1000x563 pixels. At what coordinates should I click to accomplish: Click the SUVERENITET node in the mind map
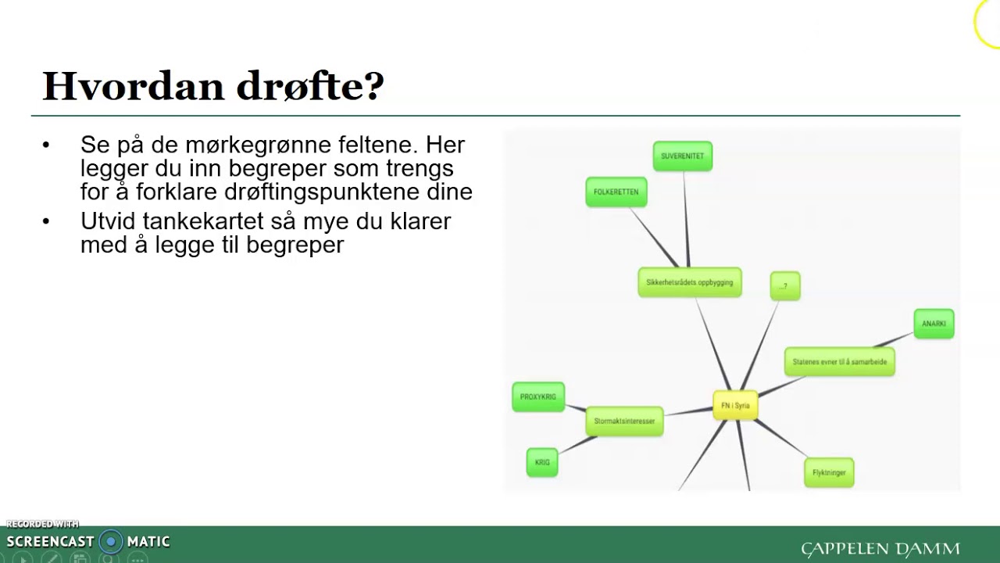click(682, 156)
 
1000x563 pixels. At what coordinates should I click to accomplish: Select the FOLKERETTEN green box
click(616, 192)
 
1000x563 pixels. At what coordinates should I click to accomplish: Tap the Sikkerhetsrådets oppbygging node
click(689, 282)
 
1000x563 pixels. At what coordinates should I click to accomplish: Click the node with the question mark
click(784, 286)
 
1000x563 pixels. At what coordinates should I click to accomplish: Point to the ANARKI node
click(934, 324)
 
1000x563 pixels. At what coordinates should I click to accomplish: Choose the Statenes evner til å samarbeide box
click(839, 362)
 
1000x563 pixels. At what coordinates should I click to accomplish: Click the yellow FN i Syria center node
click(735, 406)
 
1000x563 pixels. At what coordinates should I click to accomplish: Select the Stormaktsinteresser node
click(624, 421)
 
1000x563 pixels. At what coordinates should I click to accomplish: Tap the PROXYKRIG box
click(537, 396)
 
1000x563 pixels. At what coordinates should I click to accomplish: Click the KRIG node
click(542, 462)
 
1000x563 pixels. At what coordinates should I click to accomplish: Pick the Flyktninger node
click(829, 472)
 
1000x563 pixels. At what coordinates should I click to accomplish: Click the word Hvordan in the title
click(133, 86)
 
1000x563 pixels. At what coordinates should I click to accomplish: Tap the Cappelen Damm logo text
click(880, 549)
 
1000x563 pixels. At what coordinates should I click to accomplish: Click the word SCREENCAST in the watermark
click(50, 541)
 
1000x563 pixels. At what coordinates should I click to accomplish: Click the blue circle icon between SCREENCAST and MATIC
click(111, 541)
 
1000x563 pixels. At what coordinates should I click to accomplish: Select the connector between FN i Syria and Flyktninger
click(781, 439)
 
